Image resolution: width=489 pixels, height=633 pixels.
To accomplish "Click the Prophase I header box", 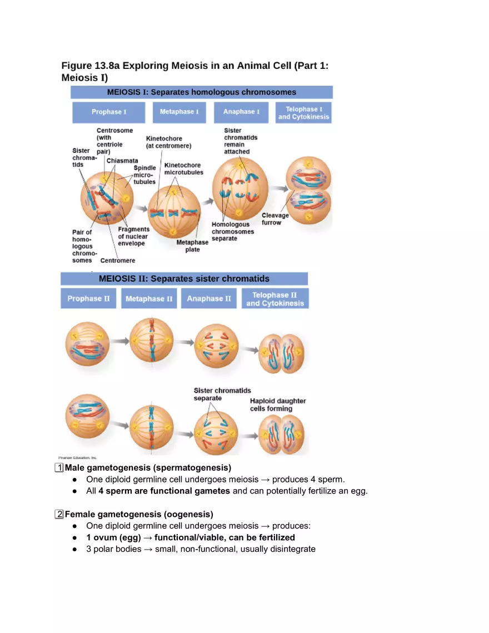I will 109,112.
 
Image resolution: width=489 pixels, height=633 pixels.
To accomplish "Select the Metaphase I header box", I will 179,112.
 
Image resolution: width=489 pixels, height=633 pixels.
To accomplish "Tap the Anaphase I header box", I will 241,112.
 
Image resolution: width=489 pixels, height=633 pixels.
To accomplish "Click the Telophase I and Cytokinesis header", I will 303,113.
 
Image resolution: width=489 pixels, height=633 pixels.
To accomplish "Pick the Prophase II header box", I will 88,298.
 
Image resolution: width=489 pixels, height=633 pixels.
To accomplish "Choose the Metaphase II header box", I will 149,298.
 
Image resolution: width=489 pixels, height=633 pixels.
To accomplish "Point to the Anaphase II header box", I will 208,298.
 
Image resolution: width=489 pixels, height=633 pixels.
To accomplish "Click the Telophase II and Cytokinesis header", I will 275,299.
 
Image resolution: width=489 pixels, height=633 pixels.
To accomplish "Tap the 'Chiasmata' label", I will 122,161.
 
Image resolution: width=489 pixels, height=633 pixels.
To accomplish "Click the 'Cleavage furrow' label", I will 275,219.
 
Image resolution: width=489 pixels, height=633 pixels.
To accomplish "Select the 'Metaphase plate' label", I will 192,246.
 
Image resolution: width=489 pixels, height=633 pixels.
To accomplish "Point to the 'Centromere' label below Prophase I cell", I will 117,260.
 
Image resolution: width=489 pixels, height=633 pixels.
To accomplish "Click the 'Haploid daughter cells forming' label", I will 278,405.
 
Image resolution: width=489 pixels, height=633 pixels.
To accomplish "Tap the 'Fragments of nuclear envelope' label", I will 133,236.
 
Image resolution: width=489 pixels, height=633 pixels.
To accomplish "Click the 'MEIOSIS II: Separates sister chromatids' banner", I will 184,279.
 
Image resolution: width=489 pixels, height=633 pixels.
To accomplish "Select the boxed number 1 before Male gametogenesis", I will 59,467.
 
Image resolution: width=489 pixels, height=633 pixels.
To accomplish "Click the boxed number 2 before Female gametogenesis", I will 59,514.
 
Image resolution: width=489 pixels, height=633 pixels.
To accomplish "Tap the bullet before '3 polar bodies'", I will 74,549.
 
